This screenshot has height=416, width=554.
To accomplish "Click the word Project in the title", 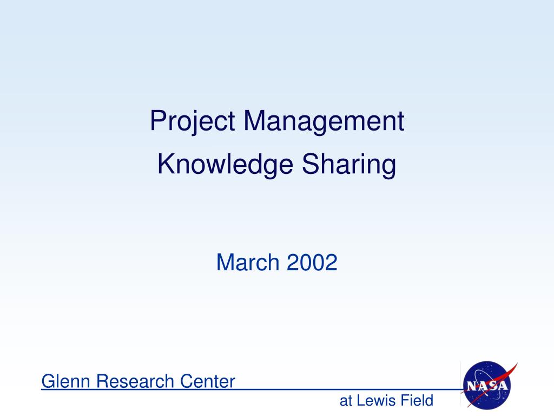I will [192, 121].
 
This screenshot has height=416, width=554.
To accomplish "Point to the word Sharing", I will [348, 165].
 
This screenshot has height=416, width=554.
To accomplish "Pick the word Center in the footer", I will [208, 381].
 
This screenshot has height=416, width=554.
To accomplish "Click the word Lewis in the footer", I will [377, 401].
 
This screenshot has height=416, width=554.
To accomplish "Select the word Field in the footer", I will [417, 401].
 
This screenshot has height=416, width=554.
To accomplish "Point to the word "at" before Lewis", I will [345, 401].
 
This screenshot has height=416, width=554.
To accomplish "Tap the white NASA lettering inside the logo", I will [487, 386].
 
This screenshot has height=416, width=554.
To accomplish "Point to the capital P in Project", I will [157, 121].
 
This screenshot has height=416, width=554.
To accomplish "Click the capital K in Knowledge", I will [164, 165].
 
